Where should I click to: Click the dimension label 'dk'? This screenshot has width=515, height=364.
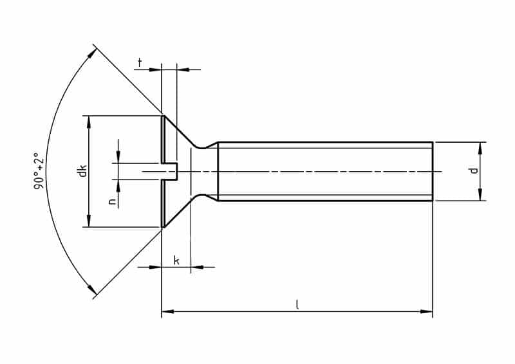coord(82,172)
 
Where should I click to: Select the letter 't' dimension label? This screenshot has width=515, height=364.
coord(139,62)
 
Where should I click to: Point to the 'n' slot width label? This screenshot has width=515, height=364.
coord(111,201)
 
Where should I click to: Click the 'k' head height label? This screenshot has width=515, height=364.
coord(176,260)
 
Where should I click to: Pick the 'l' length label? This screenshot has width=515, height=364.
coord(297,305)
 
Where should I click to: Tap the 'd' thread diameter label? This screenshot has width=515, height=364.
coord(473,170)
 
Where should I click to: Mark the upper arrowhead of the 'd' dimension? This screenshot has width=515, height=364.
coord(480,147)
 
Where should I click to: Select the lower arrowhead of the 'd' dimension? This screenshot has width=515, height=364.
coord(480,196)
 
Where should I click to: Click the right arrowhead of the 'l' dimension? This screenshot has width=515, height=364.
coord(427,312)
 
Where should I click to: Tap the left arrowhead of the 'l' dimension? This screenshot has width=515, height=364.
coord(167,312)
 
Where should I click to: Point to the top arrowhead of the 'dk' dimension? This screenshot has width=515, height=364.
coord(88,122)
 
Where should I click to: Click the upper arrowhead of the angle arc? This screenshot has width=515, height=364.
coord(92,52)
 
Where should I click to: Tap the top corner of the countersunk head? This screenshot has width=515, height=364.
coord(162,116)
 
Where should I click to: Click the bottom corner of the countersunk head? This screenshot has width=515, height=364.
coord(162,227)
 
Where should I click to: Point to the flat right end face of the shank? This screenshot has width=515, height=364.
coord(432,172)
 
